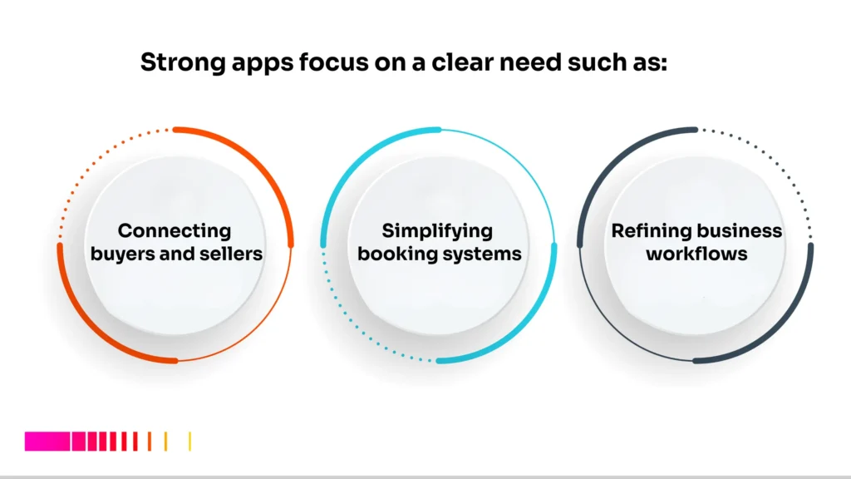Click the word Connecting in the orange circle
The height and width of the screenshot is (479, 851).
(x=175, y=231)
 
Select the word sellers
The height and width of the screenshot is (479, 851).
(x=234, y=253)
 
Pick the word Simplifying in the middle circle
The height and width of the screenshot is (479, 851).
(x=437, y=231)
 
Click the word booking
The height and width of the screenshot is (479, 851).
(x=393, y=253)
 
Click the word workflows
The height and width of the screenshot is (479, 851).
(x=696, y=253)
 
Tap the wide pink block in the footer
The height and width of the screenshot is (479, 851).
(x=47, y=442)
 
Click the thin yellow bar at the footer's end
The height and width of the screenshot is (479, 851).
(x=190, y=442)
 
